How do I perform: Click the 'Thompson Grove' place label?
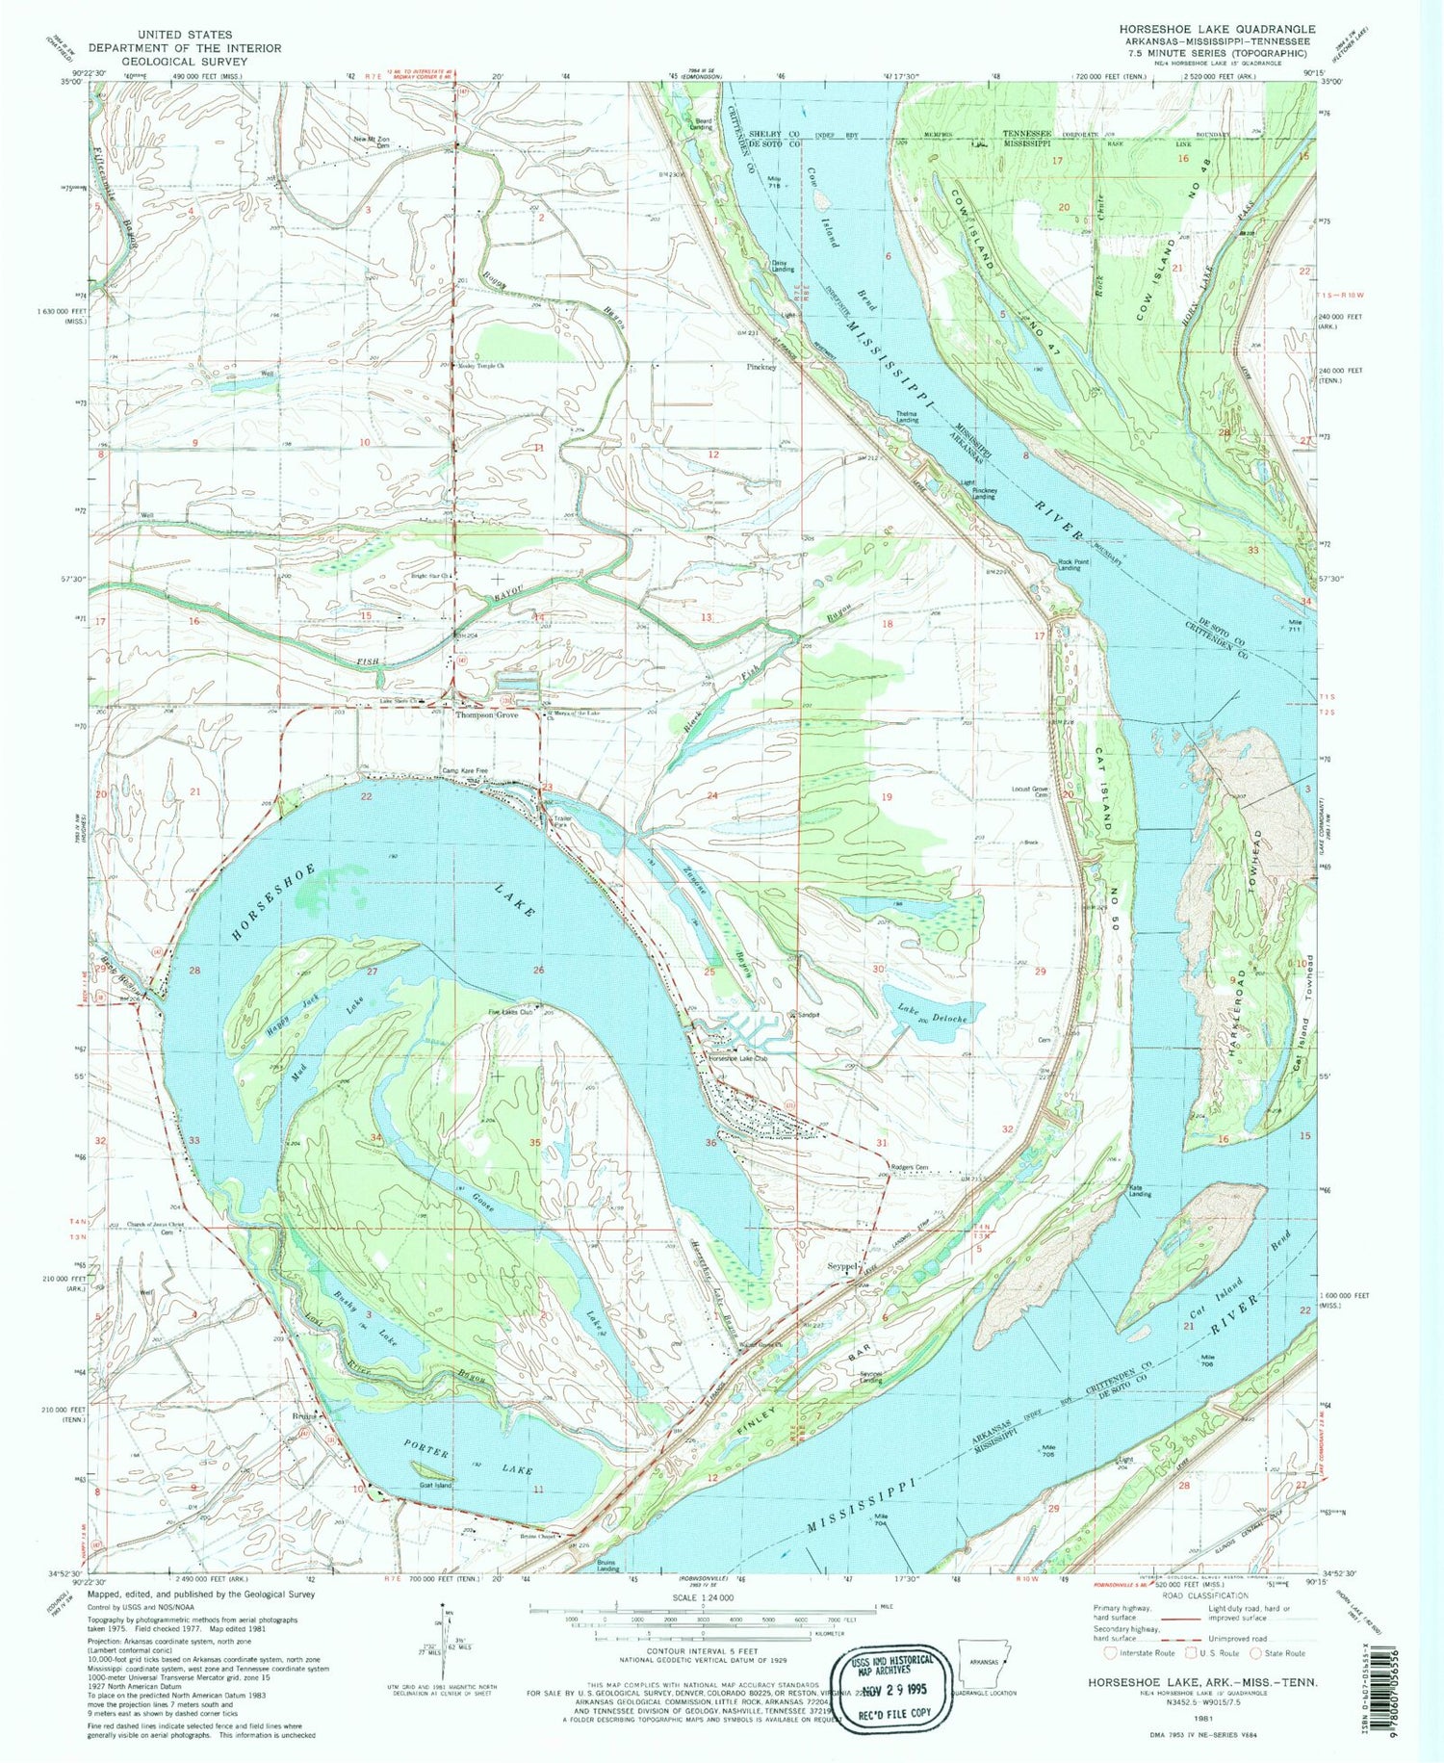(x=486, y=715)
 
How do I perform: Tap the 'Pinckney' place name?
(x=761, y=367)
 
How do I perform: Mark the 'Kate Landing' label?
(x=1141, y=1192)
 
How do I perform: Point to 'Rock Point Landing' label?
(x=1063, y=566)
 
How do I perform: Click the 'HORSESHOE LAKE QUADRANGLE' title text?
(x=1217, y=30)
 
